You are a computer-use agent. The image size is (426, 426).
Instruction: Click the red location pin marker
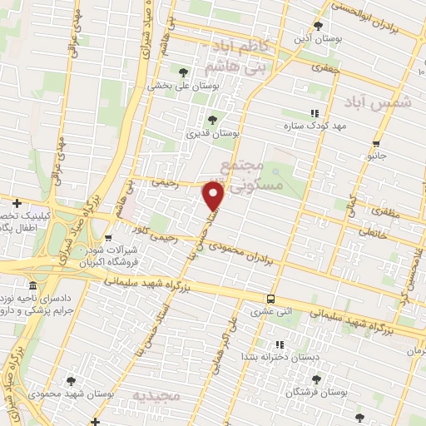point(214,196)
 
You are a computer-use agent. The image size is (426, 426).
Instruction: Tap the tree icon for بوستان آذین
point(317,26)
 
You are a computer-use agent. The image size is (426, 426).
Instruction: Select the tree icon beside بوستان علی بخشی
point(183,72)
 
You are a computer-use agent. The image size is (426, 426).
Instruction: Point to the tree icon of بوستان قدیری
point(211,119)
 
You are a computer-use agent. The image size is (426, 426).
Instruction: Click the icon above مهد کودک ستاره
point(314,113)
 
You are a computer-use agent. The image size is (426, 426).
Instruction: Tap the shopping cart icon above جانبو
point(377,143)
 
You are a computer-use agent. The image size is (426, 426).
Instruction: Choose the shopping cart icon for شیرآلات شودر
point(109,239)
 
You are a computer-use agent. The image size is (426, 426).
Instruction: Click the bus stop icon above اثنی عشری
point(270,299)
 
